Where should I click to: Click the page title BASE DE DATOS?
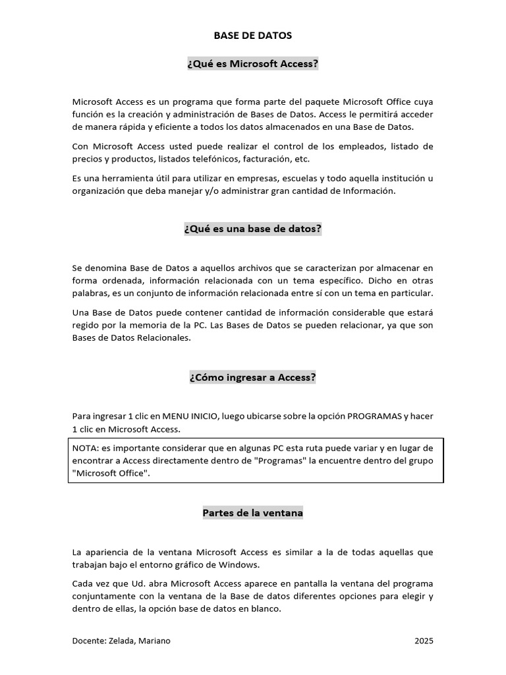[252, 36]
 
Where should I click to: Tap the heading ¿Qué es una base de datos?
[253, 229]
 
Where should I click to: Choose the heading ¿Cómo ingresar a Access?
[253, 378]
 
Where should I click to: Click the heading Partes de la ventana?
[253, 514]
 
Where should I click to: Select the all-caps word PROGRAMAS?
[374, 417]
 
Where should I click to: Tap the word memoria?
[162, 326]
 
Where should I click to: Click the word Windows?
[241, 565]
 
